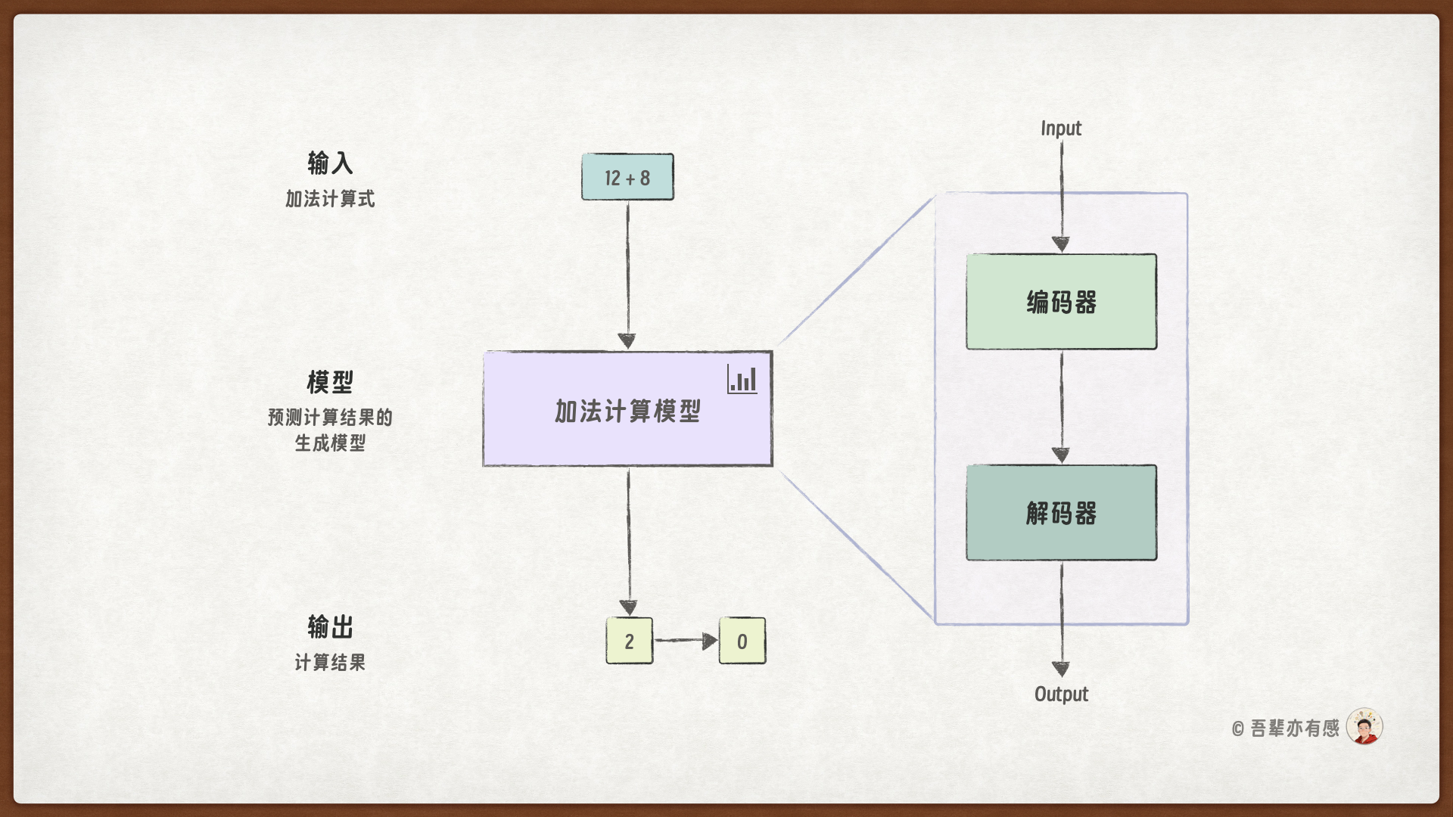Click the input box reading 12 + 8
tap(627, 178)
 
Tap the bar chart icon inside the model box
tap(742, 379)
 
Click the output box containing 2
tap(629, 641)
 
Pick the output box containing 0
tap(742, 641)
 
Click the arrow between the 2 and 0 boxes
tap(686, 641)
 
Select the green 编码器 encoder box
tap(1061, 302)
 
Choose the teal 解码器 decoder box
tap(1061, 513)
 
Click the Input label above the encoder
tap(1061, 129)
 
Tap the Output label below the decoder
tap(1061, 694)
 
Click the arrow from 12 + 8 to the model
tap(627, 272)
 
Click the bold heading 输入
tap(330, 163)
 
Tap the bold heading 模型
tap(330, 382)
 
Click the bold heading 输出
tap(330, 626)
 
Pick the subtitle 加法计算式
tap(330, 199)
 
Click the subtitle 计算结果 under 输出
tap(330, 663)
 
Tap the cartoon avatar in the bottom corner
tap(1364, 727)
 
